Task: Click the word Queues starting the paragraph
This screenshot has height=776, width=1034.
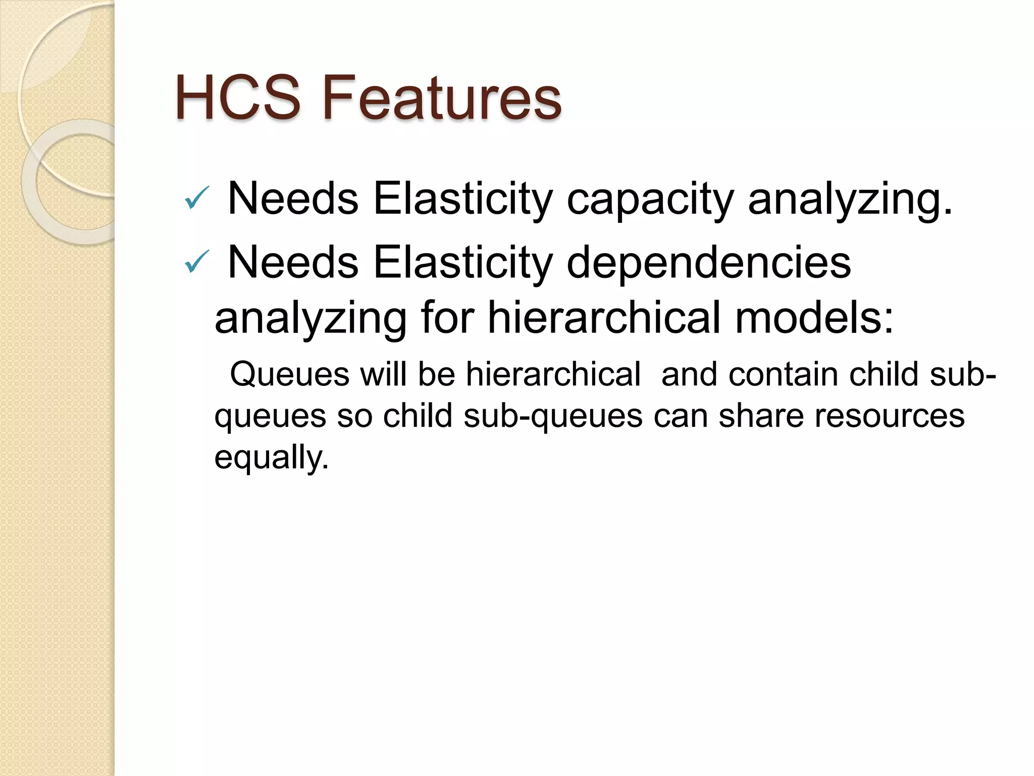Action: pyautogui.click(x=289, y=375)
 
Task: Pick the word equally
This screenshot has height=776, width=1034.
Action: pyautogui.click(x=271, y=458)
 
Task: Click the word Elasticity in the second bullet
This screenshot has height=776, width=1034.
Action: pyautogui.click(x=462, y=262)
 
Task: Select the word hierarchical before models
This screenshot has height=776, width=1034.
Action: pyautogui.click(x=603, y=318)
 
